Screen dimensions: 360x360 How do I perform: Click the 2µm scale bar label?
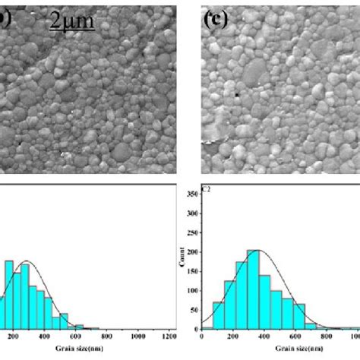(x=71, y=22)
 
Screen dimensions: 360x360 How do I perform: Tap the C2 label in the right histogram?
(x=206, y=187)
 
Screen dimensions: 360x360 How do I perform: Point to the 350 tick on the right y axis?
(x=194, y=194)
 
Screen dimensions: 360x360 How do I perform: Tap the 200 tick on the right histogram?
(x=228, y=336)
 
